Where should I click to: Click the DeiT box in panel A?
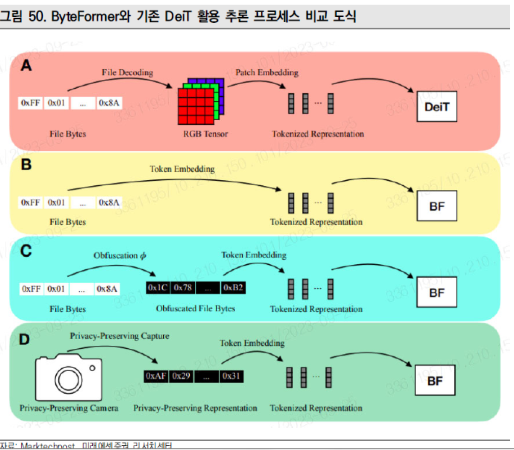click(437, 106)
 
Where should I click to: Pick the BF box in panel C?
click(437, 293)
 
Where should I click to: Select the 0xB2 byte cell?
click(233, 288)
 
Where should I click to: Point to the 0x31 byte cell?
click(231, 376)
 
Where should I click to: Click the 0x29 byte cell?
click(182, 376)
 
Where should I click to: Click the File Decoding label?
click(127, 72)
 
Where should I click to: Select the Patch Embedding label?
click(267, 72)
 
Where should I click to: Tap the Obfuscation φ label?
click(120, 255)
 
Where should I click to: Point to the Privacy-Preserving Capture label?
click(119, 335)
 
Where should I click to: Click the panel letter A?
click(26, 66)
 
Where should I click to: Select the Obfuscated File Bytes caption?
click(195, 308)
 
